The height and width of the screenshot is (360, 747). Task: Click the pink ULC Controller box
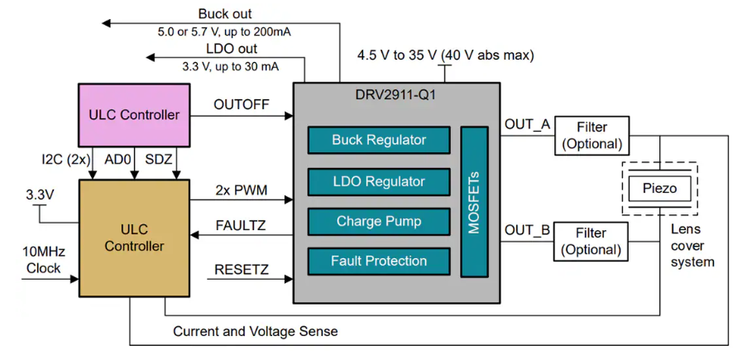coord(134,115)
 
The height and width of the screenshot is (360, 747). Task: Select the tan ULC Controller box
coord(134,239)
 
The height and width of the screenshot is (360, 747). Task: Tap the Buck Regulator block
coord(379,140)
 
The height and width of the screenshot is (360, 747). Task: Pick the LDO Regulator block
coord(379,182)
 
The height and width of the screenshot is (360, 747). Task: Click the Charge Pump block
coord(379,221)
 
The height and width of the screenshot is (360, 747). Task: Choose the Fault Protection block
coord(379,262)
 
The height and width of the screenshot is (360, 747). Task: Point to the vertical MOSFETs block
coord(474,202)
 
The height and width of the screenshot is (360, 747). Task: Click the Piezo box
coord(659,189)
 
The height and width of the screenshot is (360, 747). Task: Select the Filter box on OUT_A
coord(591,136)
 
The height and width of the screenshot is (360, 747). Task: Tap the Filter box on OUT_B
coord(591,242)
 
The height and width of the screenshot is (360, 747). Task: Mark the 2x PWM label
coord(241,190)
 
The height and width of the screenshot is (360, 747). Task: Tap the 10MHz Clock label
coord(44,259)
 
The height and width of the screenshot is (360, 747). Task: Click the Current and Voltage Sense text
coord(256,331)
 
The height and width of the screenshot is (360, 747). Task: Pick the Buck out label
coord(225,14)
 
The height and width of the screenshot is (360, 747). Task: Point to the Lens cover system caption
coord(692,246)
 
